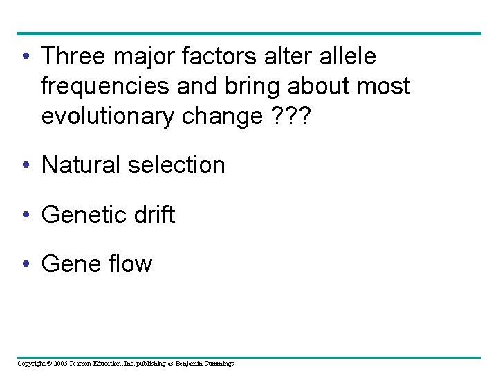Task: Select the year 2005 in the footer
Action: click(63, 363)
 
